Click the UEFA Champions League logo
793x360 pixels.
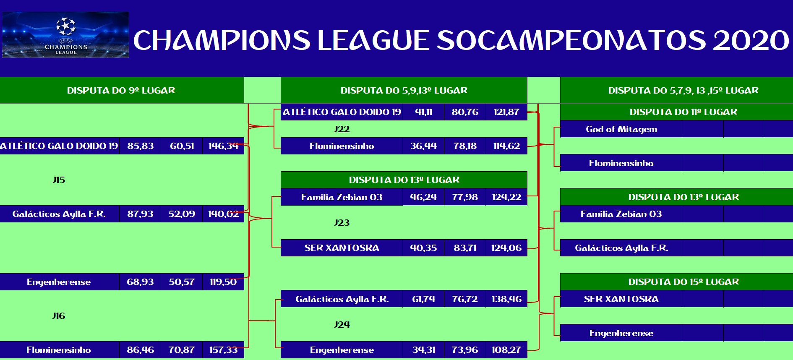[65, 35]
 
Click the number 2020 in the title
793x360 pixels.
[751, 40]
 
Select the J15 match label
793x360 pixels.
[59, 180]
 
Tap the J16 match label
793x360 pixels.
[59, 316]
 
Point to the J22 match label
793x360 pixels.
[342, 129]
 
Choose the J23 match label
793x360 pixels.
[342, 223]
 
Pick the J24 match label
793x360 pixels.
[342, 325]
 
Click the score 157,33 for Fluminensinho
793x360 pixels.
[223, 350]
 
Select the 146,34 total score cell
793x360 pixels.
[223, 146]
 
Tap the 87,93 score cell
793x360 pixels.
[141, 214]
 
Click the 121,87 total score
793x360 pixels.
[506, 112]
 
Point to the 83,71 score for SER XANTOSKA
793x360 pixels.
[465, 248]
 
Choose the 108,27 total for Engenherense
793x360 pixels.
[506, 350]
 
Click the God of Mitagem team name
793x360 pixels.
[621, 129]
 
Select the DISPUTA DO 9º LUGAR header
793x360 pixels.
[121, 91]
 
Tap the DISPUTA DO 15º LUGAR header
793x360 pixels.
[683, 282]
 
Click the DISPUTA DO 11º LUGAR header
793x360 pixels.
[683, 112]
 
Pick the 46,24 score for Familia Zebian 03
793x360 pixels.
[423, 197]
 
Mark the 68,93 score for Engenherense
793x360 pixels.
[141, 282]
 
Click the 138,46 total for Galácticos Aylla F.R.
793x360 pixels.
[506, 299]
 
